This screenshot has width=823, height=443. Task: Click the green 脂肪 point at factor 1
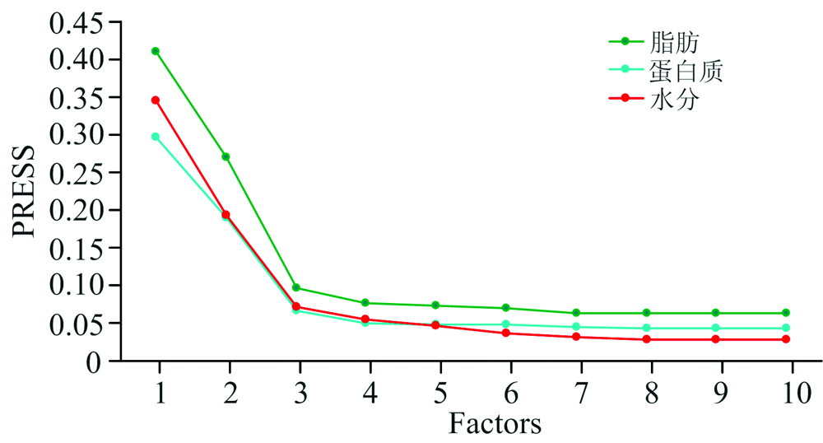[x=156, y=51]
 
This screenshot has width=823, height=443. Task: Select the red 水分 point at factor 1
[x=156, y=100]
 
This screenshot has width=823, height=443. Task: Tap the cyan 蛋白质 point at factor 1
[x=156, y=137]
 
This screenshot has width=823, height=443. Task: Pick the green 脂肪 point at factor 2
[x=226, y=156]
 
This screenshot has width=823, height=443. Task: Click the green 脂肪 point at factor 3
[x=296, y=288]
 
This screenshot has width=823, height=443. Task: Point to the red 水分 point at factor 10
[x=786, y=339]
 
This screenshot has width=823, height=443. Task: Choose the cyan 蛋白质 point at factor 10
[x=786, y=329]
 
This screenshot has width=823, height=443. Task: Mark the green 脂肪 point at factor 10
[x=786, y=313]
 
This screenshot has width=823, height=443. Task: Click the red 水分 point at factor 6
[x=506, y=333]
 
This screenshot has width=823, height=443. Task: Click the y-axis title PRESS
[x=25, y=192]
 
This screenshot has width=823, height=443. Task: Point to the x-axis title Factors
[x=495, y=424]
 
